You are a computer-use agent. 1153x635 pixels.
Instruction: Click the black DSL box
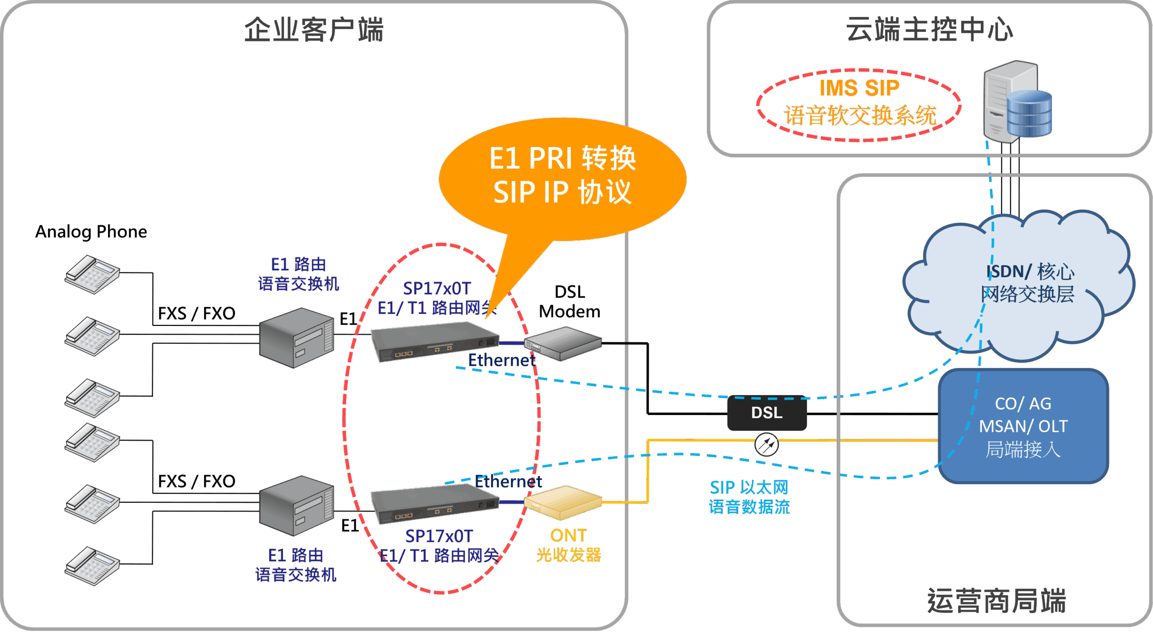(767, 413)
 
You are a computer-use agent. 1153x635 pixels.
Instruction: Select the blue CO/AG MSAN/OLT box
(1023, 426)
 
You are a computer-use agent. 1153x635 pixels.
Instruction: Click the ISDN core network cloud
(1022, 284)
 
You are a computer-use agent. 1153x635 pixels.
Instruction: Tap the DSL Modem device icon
(563, 344)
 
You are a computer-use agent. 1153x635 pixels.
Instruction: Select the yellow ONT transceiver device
(563, 502)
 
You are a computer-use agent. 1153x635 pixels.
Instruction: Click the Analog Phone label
(91, 232)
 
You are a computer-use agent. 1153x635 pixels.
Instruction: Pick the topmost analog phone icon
(92, 274)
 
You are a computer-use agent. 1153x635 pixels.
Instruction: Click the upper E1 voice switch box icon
(296, 338)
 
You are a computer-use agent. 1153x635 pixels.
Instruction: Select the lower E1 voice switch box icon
(296, 505)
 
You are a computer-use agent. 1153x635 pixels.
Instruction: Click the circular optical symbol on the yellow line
(766, 445)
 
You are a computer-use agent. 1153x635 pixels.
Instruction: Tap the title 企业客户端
(314, 30)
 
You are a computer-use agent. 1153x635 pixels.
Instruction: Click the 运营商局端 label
(996, 601)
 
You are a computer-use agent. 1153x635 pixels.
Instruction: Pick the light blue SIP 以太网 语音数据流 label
(749, 497)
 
